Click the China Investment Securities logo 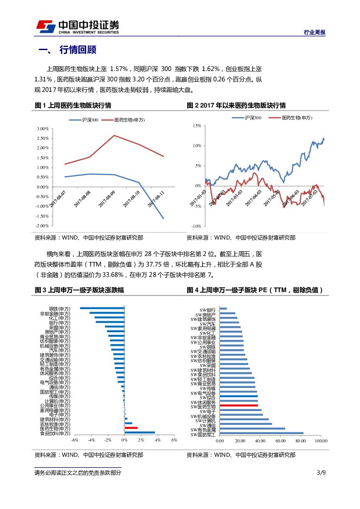77,27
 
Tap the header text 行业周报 314,33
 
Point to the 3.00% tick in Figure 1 43,128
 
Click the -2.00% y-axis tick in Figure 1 42,226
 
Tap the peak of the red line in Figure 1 114,135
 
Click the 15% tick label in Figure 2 196,125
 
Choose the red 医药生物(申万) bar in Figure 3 131,428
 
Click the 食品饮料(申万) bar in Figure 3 140,433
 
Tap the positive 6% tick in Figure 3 174,440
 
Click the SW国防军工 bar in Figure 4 262,433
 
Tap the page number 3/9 321,472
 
